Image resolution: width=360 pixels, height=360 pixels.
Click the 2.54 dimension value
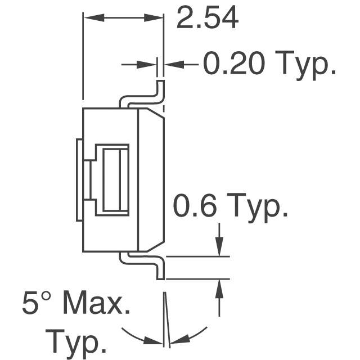pyautogui.click(x=207, y=19)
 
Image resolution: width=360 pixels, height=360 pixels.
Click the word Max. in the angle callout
pyautogui.click(x=97, y=305)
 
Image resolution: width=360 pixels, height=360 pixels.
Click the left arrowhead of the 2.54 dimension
pyautogui.click(x=89, y=19)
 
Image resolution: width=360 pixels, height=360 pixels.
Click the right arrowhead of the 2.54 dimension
pyautogui.click(x=157, y=19)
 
